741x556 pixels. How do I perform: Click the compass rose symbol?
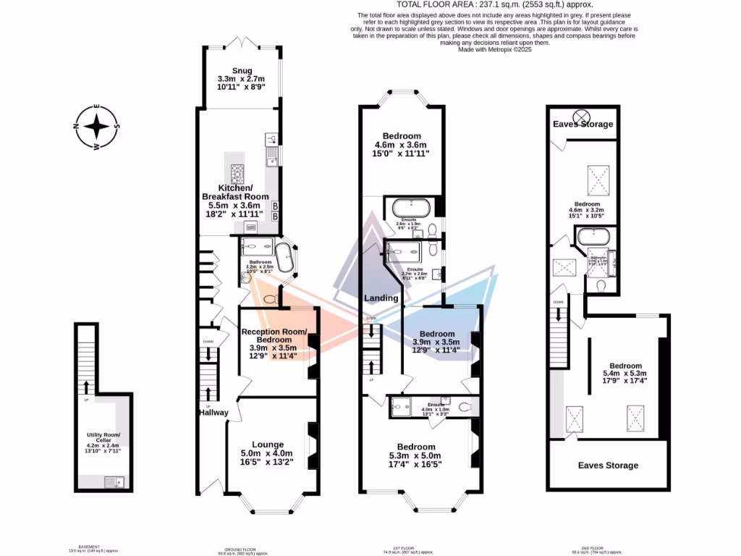[96, 127]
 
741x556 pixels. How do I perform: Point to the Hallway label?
[213, 413]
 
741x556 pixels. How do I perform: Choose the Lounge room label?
[267, 445]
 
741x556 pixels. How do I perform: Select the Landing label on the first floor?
[381, 298]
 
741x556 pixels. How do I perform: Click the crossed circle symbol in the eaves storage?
[581, 117]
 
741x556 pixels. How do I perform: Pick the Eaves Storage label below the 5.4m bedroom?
[608, 465]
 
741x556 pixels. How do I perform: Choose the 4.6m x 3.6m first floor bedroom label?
[402, 136]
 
